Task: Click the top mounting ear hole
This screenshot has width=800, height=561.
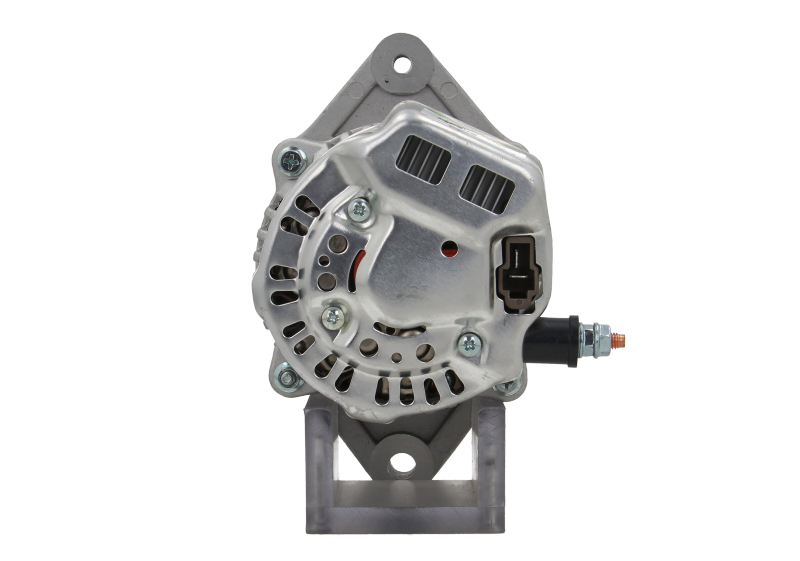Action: coord(401,66)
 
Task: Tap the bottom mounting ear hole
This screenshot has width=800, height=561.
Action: coord(401,462)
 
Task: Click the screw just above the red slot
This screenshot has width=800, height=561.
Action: coord(358,209)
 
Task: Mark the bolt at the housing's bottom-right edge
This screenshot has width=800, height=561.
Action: coord(508,385)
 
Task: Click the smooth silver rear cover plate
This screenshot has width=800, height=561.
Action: coord(420,260)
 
